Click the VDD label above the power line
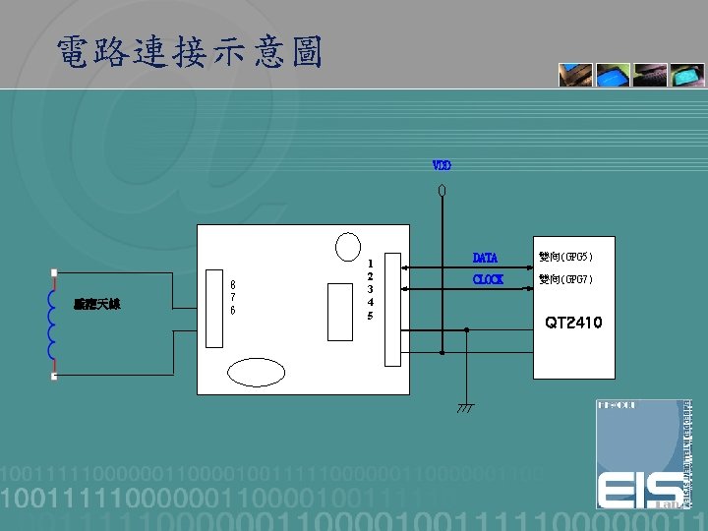[x=442, y=165]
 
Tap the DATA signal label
[x=485, y=258]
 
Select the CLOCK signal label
[x=488, y=280]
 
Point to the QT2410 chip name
[x=573, y=323]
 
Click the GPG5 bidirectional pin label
[x=565, y=258]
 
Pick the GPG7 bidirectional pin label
[x=565, y=280]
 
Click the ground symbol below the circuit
[x=465, y=406]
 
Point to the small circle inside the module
[x=348, y=246]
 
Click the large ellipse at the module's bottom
[x=263, y=371]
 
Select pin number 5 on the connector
[x=370, y=317]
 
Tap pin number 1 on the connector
[x=370, y=264]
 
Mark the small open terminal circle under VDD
[x=442, y=189]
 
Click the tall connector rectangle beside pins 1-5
[x=392, y=307]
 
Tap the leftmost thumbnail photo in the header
[x=575, y=76]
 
